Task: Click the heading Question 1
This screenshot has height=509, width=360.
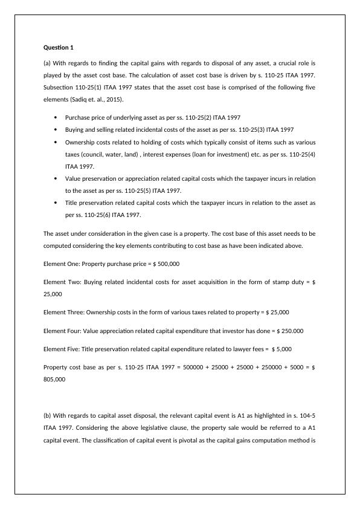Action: point(60,47)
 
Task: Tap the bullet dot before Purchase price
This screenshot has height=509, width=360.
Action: point(56,118)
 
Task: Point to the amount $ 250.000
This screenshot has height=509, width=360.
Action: point(290,331)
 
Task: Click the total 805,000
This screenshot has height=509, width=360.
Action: point(54,380)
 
